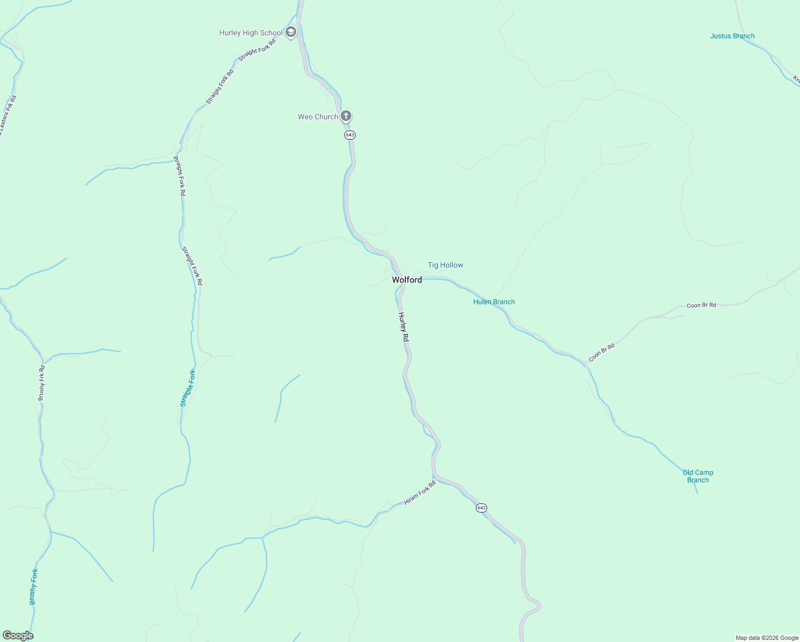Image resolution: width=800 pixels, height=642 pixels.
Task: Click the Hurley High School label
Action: [x=251, y=33]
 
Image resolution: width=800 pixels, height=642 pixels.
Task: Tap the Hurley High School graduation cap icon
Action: [x=291, y=32]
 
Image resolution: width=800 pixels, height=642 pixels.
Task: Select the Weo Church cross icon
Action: [x=346, y=116]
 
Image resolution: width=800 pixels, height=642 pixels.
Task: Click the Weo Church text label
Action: [x=318, y=117]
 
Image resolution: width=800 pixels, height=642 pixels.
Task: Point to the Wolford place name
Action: [x=407, y=280]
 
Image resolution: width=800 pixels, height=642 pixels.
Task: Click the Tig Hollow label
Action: [x=445, y=265]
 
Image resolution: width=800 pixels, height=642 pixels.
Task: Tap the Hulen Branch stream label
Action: [x=494, y=302]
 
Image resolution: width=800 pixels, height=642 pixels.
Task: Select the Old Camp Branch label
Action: [x=698, y=476]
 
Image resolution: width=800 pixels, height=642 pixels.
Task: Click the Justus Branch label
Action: [x=732, y=36]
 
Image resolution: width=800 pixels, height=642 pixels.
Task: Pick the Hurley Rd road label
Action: [x=404, y=327]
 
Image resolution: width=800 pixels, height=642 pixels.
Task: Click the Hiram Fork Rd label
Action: [x=420, y=493]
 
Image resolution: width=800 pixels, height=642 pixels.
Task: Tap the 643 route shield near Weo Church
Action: [x=350, y=135]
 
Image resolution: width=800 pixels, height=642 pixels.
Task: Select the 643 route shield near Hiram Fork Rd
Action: [x=481, y=508]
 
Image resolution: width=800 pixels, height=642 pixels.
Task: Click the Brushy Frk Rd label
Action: [x=42, y=383]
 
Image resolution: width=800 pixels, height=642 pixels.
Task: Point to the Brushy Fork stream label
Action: [x=34, y=587]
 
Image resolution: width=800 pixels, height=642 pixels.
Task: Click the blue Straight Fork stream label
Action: [x=188, y=388]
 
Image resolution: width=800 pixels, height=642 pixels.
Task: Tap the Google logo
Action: [x=18, y=636]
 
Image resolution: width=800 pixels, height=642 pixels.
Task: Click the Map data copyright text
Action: [x=767, y=638]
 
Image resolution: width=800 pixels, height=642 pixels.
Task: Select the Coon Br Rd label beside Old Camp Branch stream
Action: [x=602, y=353]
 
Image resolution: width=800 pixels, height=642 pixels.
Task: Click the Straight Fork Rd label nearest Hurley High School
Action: [x=257, y=50]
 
